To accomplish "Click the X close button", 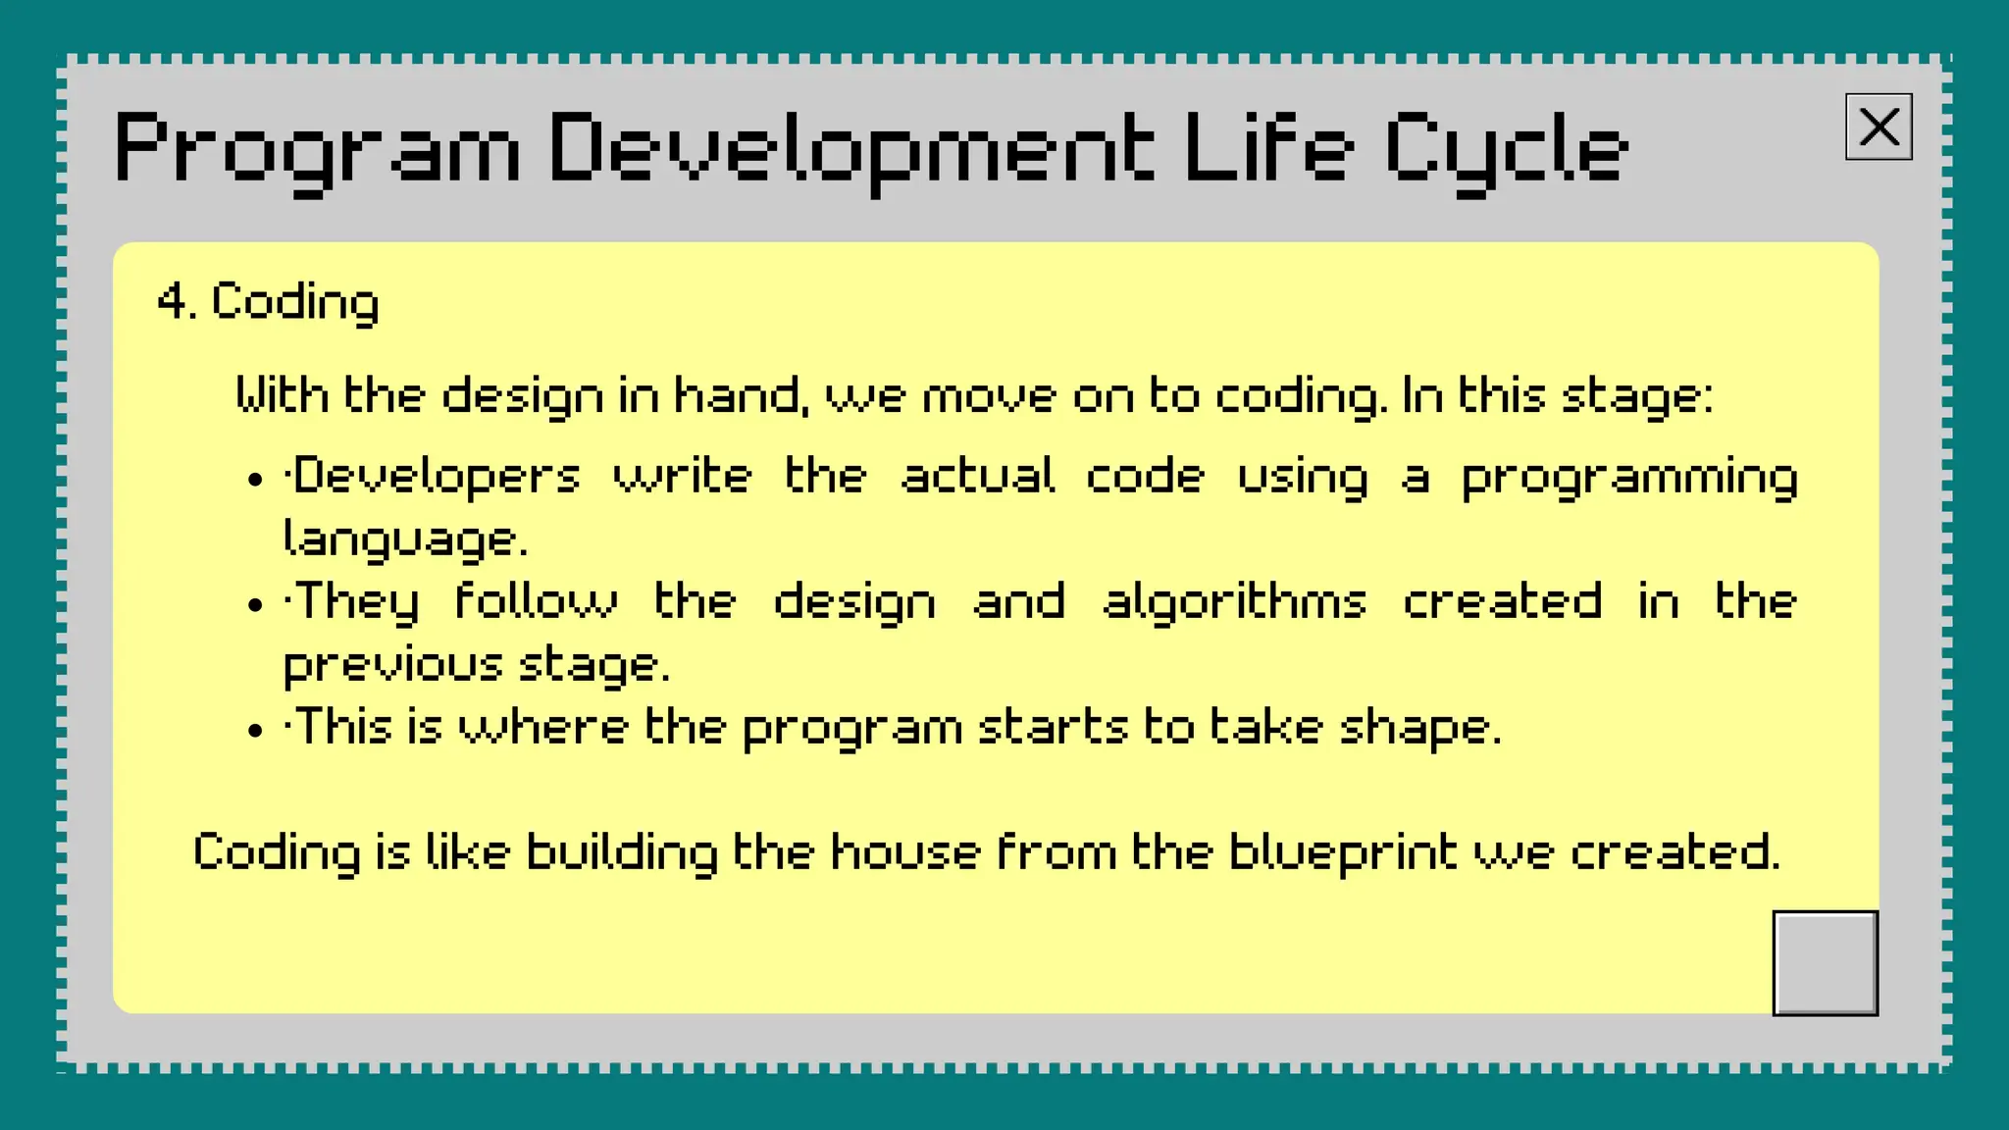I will pos(1878,127).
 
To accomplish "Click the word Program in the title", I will pos(317,150).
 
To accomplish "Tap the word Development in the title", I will pos(850,150).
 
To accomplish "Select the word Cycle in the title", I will pos(1506,150).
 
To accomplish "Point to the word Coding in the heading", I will pos(294,302).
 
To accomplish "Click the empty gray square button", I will pos(1825,962).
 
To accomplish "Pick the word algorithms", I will pos(1234,603).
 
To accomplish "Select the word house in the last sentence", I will pos(904,851).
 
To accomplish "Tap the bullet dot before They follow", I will pos(256,605).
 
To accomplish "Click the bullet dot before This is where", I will pos(256,731).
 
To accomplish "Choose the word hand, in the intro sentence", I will pos(743,396).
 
